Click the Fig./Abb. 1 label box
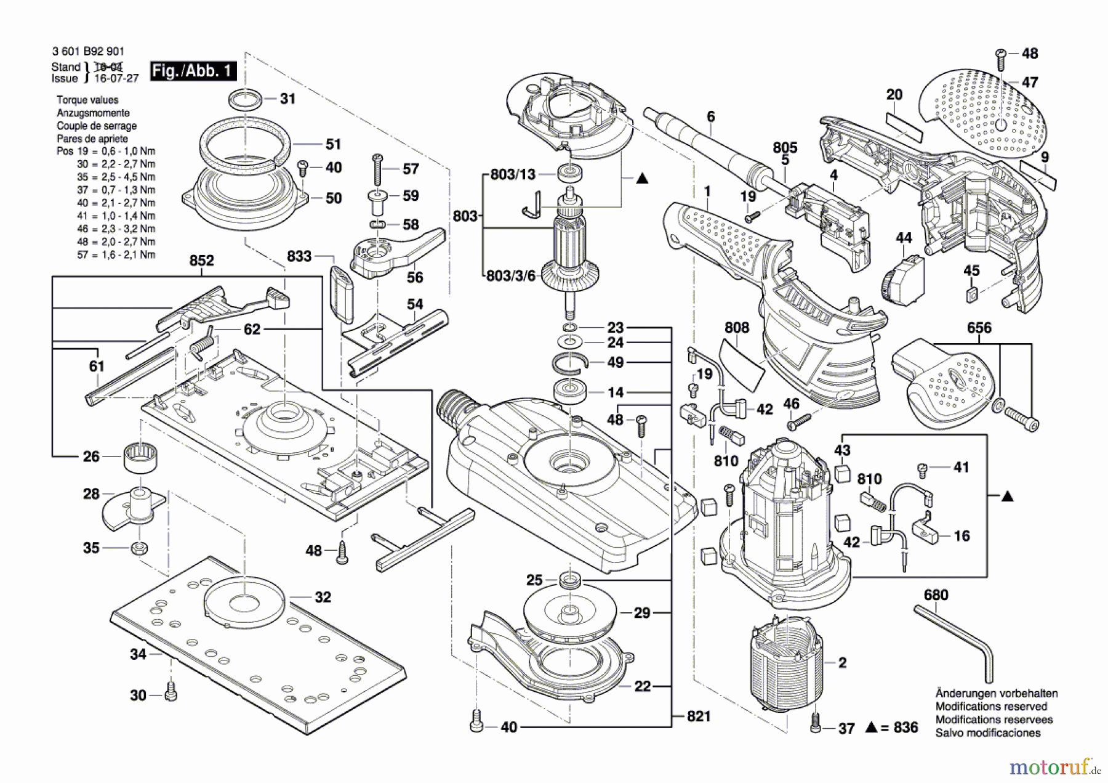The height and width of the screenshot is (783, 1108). tap(193, 71)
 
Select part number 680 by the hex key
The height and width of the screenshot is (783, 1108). tap(936, 595)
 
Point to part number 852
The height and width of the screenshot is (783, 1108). tap(201, 261)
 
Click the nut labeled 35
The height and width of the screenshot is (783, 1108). tap(140, 547)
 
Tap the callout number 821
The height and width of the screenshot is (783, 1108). tap(699, 716)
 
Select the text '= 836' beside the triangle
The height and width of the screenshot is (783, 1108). tap(899, 728)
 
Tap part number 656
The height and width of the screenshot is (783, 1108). tap(979, 328)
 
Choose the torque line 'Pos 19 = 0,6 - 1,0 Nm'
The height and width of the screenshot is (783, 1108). tap(106, 152)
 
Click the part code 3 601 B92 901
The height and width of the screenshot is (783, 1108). tap(88, 52)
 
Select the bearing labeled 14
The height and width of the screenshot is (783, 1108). tap(570, 391)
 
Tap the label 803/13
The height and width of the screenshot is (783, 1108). tap(513, 175)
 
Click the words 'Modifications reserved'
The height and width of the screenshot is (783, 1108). tap(991, 707)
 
